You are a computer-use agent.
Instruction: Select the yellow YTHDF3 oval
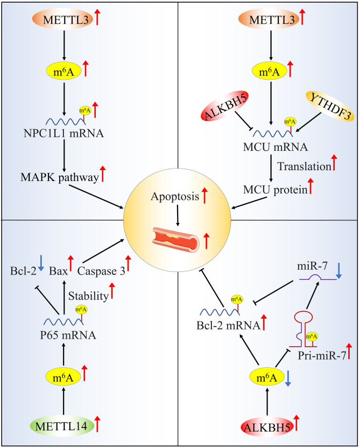pos(330,106)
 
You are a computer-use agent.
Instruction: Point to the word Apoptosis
pos(175,197)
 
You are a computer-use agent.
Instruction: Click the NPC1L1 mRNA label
pos(63,134)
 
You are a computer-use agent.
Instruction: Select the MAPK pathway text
pos(59,178)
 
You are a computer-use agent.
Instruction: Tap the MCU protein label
pos(275,190)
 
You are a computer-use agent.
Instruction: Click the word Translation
pos(304,166)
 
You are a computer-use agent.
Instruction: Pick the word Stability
pos(88,296)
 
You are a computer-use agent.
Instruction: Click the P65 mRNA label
pos(68,335)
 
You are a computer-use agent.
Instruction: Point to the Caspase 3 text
pos(101,271)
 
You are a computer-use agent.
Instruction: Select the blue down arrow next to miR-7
pos(338,271)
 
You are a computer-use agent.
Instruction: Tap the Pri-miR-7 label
pos(322,355)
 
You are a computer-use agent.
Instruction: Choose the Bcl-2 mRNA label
pos(228,325)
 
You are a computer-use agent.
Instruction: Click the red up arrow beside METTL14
pos(97,424)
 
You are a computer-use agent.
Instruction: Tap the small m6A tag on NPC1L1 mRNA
pos(85,110)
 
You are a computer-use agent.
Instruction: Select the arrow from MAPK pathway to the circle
pos(96,197)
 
